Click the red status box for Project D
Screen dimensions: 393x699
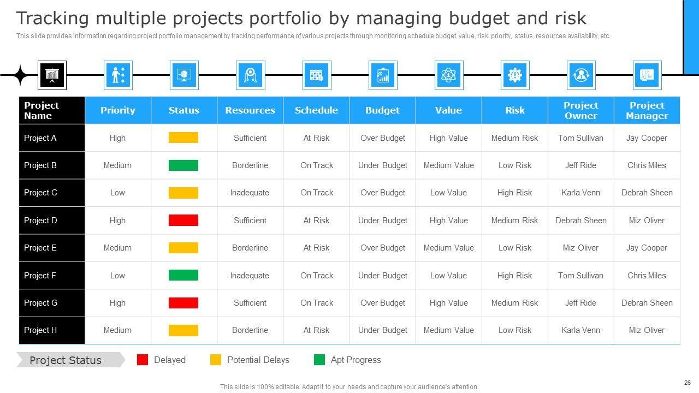183,221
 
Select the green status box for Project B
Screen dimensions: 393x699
183,165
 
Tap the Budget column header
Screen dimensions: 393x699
382,110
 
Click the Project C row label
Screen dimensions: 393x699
41,193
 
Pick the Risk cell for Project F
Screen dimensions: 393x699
514,276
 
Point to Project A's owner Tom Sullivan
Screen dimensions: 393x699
580,138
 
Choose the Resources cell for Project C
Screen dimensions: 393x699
250,193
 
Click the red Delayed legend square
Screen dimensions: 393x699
143,360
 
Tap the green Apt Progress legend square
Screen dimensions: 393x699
319,360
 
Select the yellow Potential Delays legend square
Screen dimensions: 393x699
216,360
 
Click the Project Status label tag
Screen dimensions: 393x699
66,360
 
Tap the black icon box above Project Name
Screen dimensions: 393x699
52,75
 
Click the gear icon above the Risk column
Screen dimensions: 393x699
514,75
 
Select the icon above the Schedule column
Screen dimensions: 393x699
316,75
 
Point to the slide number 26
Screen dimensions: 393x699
687,383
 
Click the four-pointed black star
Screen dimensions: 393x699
20,75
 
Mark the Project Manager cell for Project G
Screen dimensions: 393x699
647,303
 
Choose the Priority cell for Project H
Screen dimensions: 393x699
117,330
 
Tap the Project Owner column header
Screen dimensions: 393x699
580,110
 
